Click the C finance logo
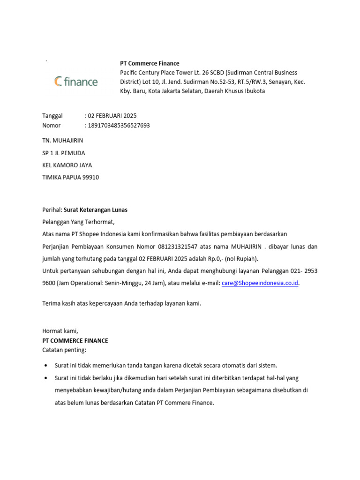point(75,82)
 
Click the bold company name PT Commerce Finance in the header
point(150,63)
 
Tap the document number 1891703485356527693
point(119,125)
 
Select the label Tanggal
point(52,116)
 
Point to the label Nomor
point(52,125)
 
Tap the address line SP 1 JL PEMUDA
point(64,153)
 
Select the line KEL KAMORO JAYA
point(67,165)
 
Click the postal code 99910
point(90,177)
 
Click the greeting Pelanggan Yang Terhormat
point(78,222)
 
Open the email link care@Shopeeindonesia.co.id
point(260,283)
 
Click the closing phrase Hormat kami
point(60,331)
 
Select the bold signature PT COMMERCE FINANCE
point(75,341)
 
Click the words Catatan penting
point(65,350)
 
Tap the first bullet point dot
point(45,365)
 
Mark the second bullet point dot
point(45,378)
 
